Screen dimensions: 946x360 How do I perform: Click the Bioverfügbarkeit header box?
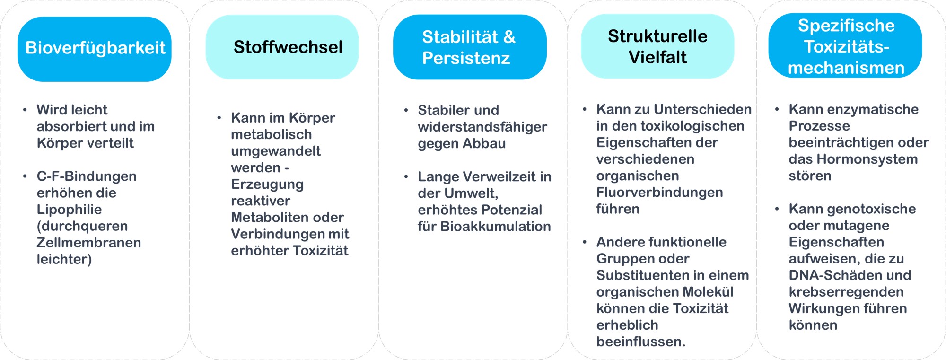(x=95, y=49)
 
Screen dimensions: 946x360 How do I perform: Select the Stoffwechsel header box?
(x=282, y=47)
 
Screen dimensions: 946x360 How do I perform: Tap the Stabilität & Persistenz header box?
(x=470, y=47)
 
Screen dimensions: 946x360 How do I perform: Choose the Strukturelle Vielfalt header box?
(x=657, y=46)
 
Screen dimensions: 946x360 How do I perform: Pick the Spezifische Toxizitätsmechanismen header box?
(x=845, y=45)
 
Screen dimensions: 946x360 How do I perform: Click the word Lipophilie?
(x=69, y=210)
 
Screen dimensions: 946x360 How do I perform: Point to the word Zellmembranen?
(x=89, y=243)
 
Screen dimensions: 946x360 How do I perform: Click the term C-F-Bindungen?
(x=87, y=176)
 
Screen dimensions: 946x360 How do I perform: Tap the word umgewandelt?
(x=276, y=151)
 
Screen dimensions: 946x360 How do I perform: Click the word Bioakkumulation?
(x=496, y=227)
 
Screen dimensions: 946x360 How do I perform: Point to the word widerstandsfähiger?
(x=482, y=127)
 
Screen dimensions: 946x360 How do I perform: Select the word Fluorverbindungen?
(x=659, y=193)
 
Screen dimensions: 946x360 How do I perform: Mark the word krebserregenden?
(x=846, y=292)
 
